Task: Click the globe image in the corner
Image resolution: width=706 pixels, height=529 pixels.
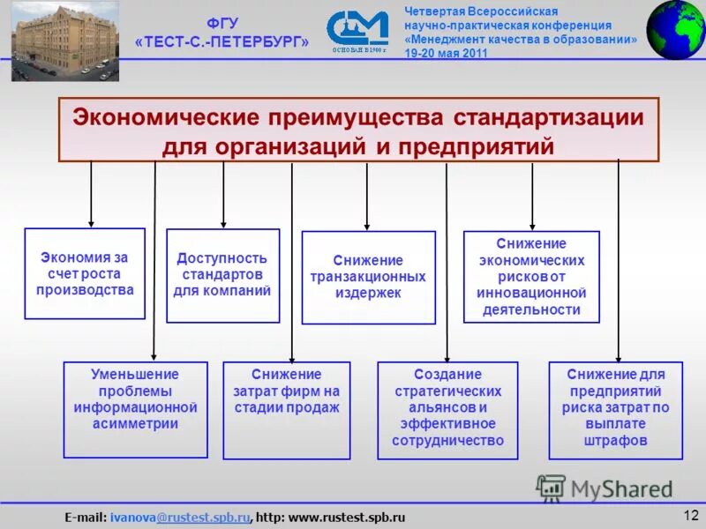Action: coord(676,30)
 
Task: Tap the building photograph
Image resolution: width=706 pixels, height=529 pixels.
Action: coord(64,43)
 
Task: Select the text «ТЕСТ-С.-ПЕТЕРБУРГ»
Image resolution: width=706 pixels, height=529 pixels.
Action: coord(222,42)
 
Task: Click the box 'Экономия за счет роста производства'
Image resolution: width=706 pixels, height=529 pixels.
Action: coord(85,273)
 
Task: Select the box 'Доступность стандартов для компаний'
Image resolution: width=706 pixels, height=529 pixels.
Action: coord(222,275)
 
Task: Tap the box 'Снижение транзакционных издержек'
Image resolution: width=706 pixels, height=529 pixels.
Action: coord(368,277)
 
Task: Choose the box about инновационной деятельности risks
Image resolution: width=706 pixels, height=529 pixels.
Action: coord(531,276)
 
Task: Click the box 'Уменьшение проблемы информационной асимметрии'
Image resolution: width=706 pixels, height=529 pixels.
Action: coord(135,409)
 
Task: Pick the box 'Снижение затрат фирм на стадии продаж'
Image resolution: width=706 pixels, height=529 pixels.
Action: coord(286,410)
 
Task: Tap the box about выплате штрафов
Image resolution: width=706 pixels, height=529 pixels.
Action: coord(615,410)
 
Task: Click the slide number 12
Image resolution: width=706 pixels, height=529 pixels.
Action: coord(690,515)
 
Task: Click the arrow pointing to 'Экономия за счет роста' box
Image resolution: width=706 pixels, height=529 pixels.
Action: coord(91,194)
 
